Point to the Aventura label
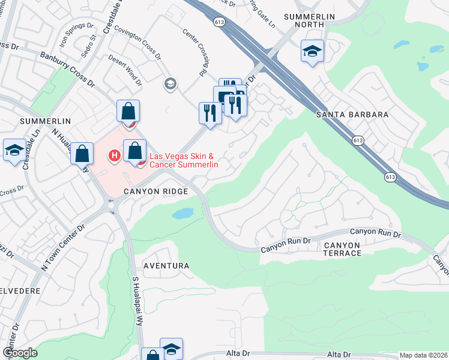click(166, 265)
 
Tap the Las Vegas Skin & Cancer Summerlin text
click(183, 160)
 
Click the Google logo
click(20, 353)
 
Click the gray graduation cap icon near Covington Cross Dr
click(170, 83)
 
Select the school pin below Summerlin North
click(312, 51)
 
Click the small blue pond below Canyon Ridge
click(182, 214)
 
